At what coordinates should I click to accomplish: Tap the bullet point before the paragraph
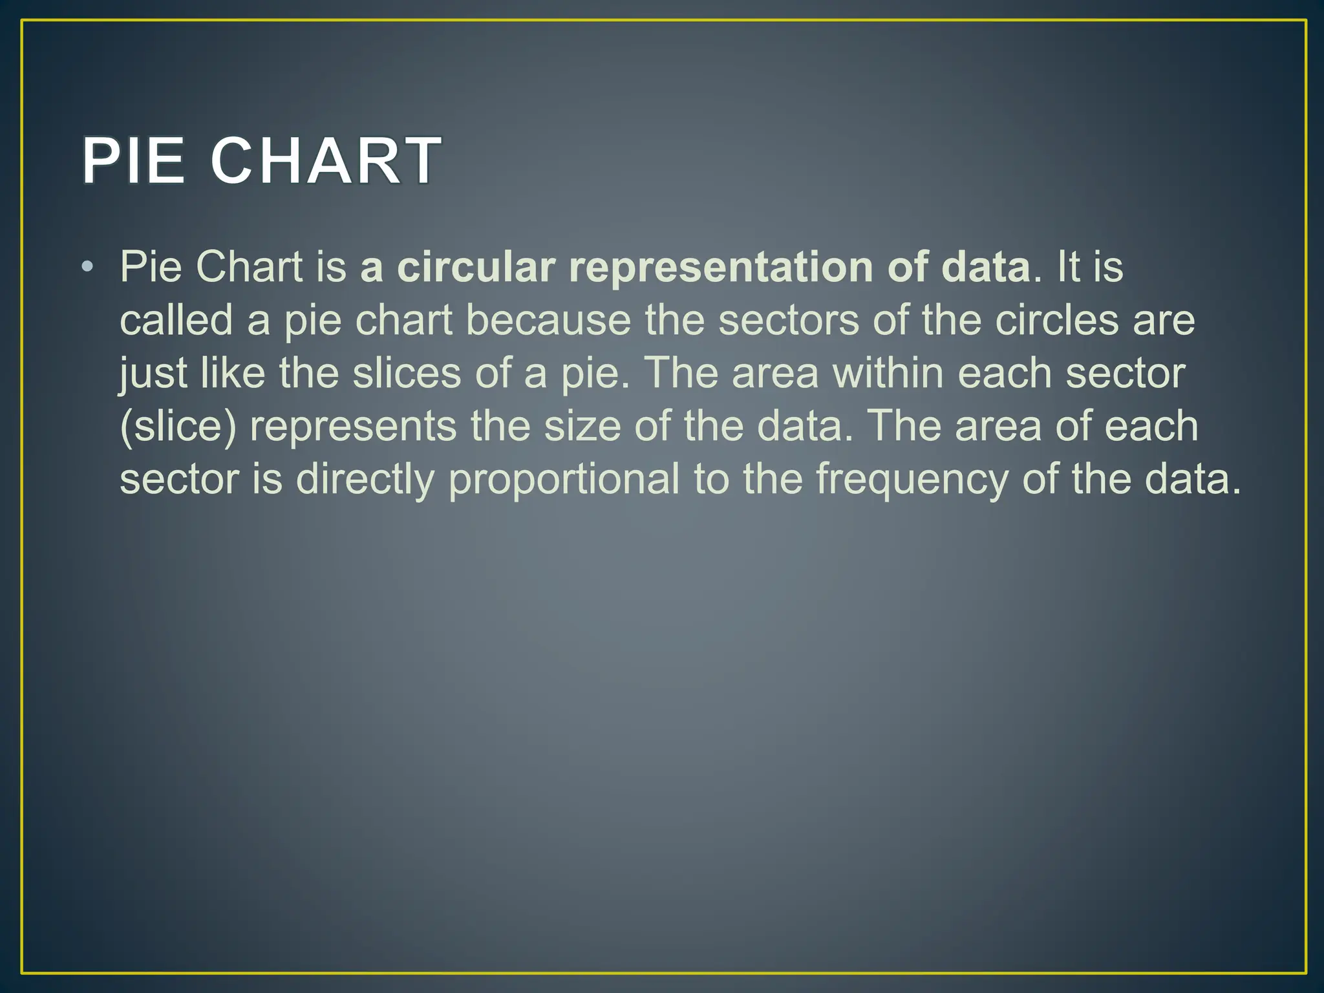[x=88, y=266]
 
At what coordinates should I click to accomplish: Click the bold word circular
[x=476, y=266]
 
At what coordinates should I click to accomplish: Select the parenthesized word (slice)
[x=178, y=427]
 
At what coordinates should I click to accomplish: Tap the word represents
[x=353, y=427]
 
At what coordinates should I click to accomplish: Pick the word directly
[x=365, y=480]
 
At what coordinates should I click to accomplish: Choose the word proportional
[x=564, y=480]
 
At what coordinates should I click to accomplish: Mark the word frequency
[x=912, y=480]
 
